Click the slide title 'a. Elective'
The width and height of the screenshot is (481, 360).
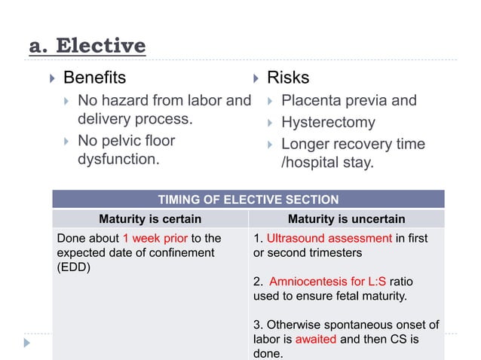pos(87,47)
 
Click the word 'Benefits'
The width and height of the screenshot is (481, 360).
pos(94,78)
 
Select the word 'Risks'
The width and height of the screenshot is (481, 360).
pos(288,78)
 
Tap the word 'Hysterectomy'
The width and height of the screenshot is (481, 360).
pos(327,122)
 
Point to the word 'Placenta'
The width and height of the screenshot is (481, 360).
pos(312,100)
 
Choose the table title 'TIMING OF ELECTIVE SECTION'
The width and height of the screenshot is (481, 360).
pos(248,200)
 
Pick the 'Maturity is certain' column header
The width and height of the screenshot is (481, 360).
pos(150,219)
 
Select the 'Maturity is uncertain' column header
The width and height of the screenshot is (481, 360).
pos(347,219)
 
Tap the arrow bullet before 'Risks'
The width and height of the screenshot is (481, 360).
pos(254,78)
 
